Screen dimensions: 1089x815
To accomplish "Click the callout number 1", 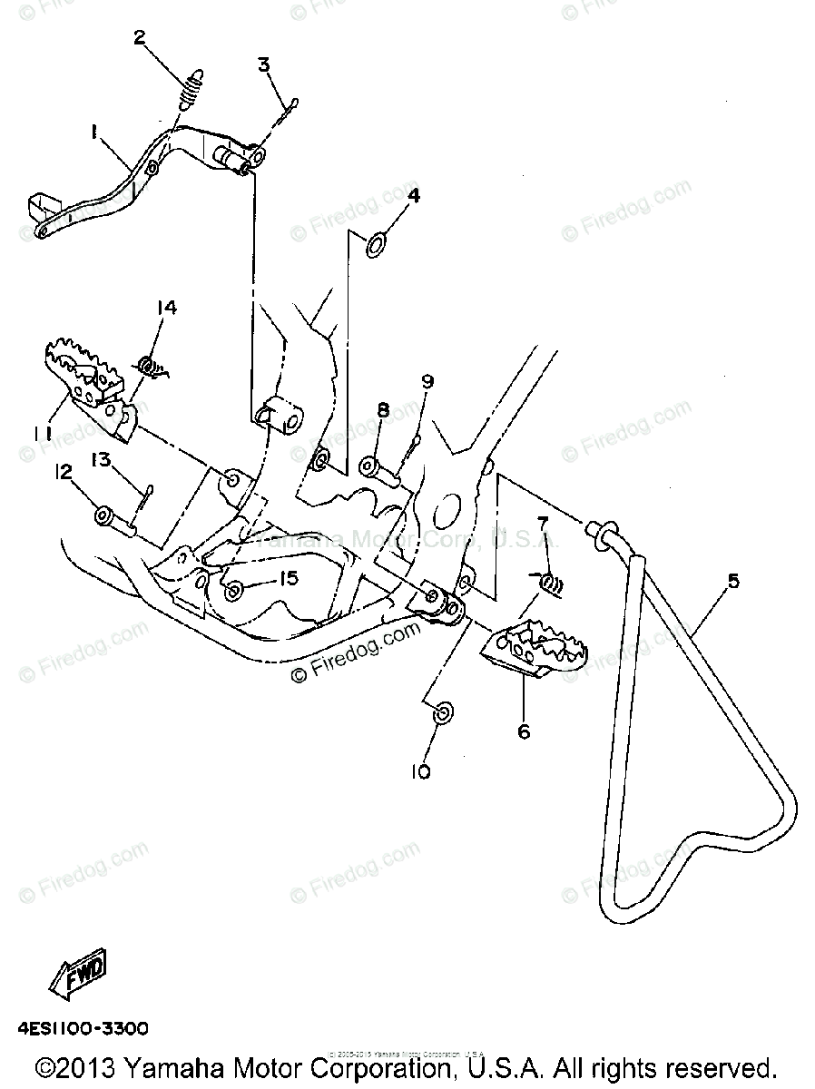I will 93,132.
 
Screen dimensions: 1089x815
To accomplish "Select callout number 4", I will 413,195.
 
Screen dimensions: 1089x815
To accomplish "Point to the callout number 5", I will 732,581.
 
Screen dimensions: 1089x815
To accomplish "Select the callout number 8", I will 383,410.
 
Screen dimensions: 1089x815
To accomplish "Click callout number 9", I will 427,382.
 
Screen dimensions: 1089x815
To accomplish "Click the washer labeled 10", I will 443,714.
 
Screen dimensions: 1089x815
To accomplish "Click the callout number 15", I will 288,578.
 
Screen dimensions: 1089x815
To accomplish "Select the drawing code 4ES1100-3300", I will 82,1029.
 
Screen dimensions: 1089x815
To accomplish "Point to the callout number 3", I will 263,64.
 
